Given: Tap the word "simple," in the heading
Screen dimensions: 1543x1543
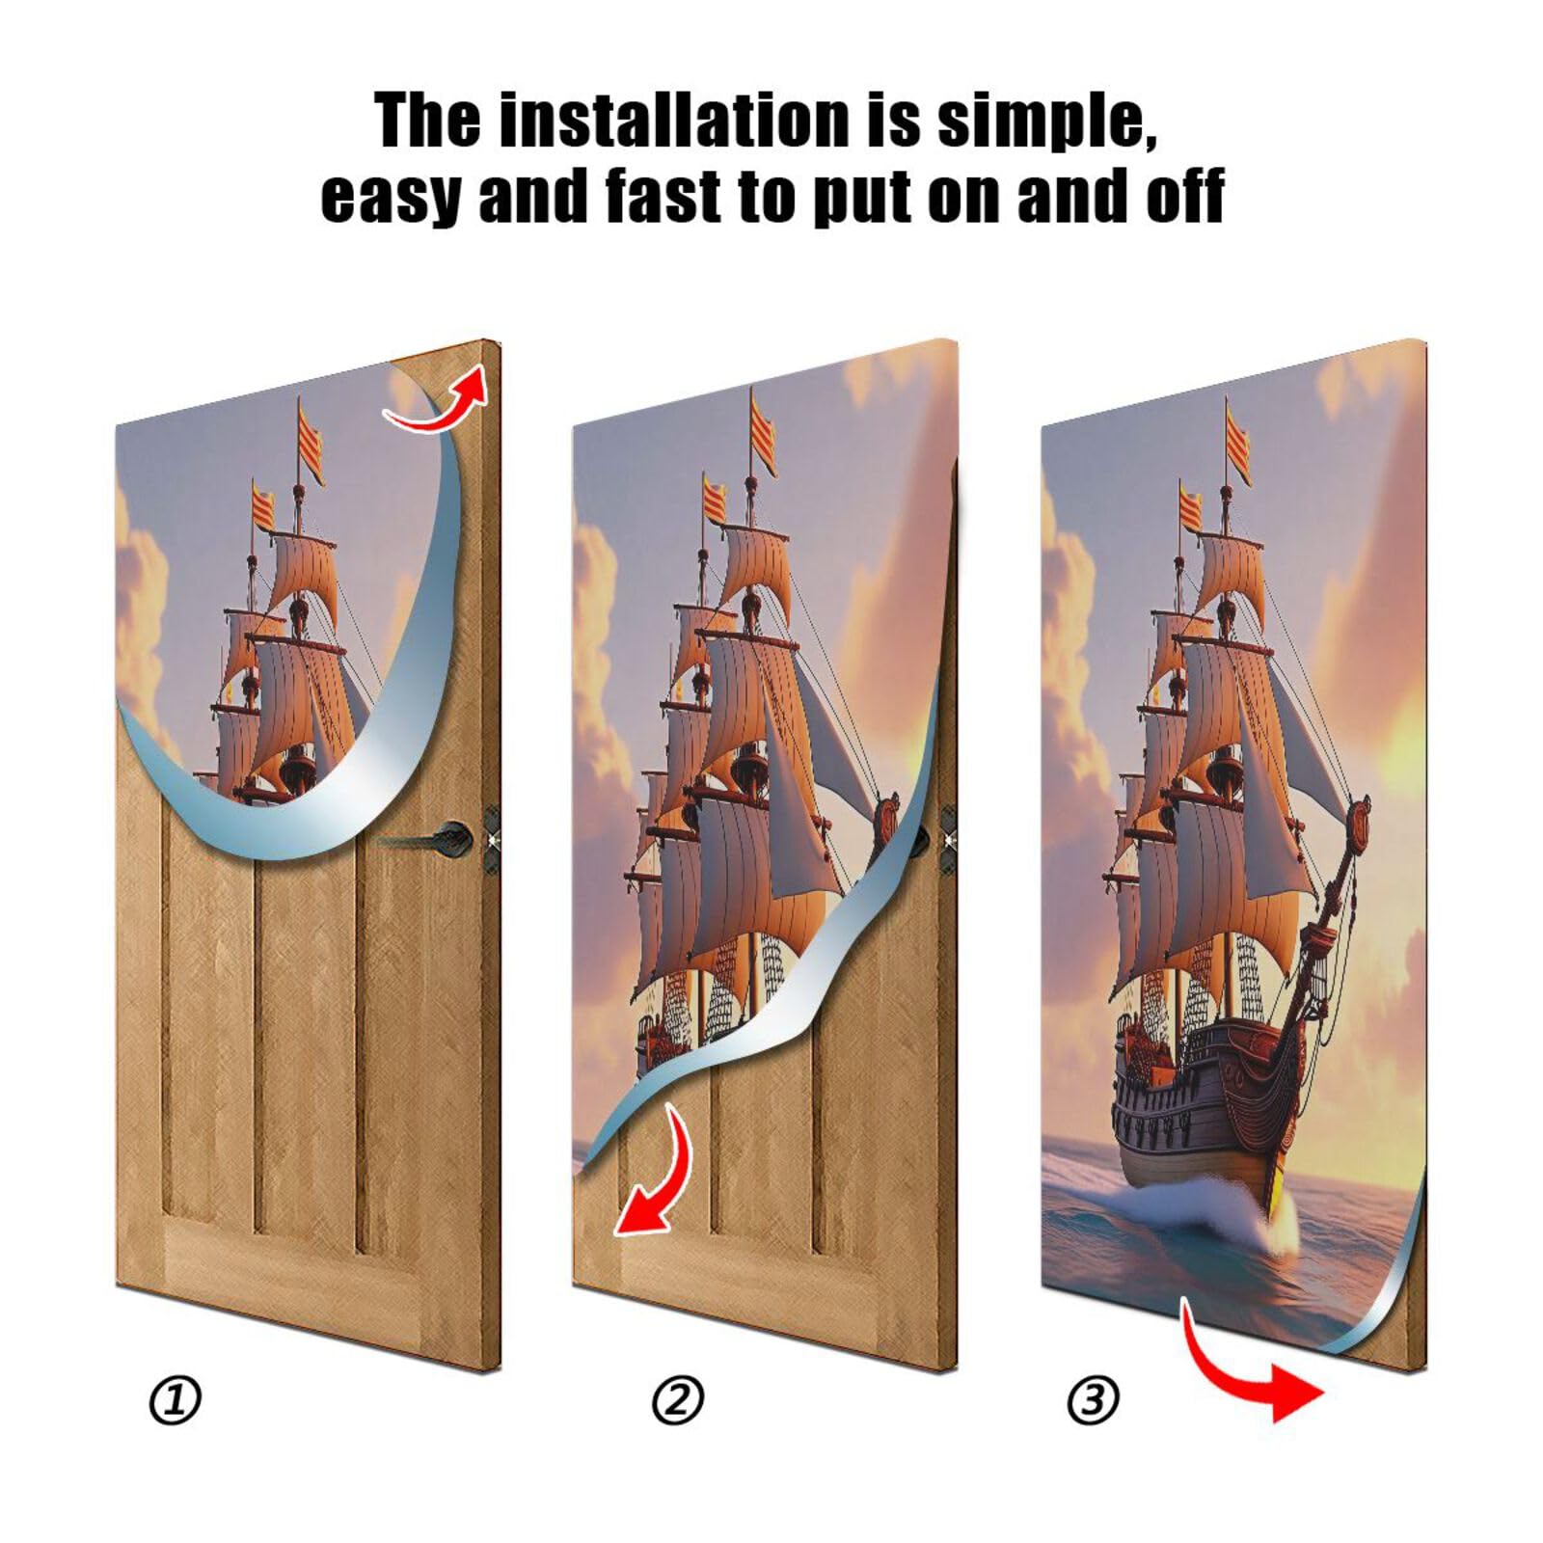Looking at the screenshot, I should coord(1047,122).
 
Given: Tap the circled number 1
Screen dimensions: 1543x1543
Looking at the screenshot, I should coord(176,1399).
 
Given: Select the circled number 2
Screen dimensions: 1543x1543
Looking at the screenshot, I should coord(678,1399).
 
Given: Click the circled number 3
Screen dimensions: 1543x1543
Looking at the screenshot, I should coord(1094,1399).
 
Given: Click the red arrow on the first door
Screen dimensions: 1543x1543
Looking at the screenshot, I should coord(439,402).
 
